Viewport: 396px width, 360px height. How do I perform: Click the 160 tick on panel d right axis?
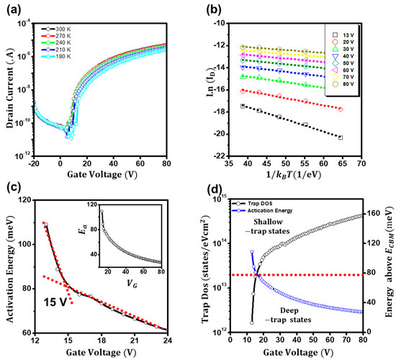point(372,214)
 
